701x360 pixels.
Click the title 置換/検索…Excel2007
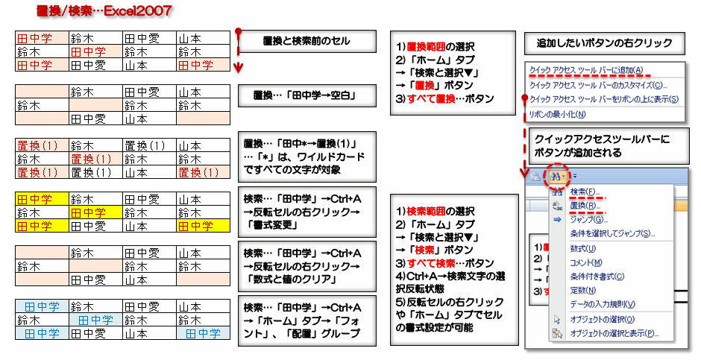[104, 11]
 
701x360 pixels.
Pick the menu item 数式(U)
[583, 248]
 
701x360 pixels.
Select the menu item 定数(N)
[583, 291]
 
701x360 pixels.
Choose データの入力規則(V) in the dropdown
[603, 304]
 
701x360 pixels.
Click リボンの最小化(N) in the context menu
[557, 115]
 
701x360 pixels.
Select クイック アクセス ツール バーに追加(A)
[586, 71]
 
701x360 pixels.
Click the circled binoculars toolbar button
[557, 176]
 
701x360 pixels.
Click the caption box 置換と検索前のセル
[296, 41]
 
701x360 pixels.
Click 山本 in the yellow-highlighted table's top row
[195, 199]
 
